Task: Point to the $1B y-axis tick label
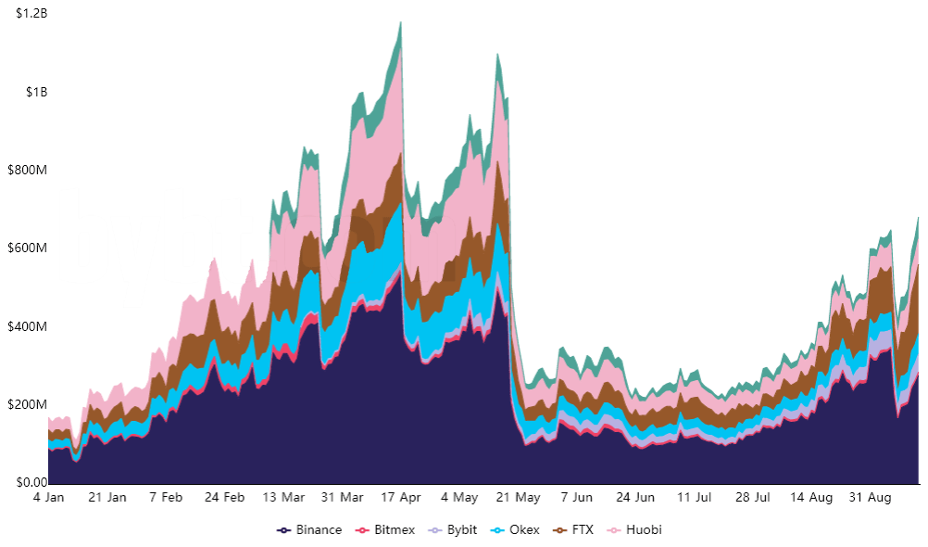(x=37, y=92)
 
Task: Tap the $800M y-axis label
(x=28, y=171)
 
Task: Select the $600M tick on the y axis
(x=28, y=248)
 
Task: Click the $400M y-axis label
(x=28, y=326)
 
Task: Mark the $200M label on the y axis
(x=28, y=405)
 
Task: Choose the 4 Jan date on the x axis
(x=48, y=498)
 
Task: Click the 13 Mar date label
(x=282, y=498)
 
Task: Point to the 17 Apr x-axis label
(x=400, y=498)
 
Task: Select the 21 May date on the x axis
(x=518, y=498)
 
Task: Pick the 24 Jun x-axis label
(x=635, y=498)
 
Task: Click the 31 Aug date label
(x=871, y=498)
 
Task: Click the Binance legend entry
(x=310, y=530)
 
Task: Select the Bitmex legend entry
(x=388, y=530)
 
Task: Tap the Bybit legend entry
(x=458, y=530)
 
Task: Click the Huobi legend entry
(x=637, y=530)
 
